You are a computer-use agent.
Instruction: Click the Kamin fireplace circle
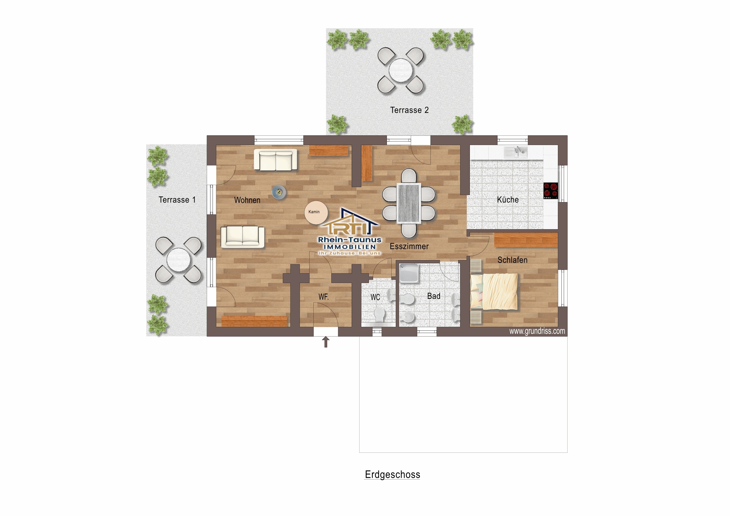[x=316, y=212]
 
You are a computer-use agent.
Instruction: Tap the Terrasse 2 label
[x=409, y=110]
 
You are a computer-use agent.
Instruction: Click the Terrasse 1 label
[x=177, y=200]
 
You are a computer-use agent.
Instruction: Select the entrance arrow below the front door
[x=326, y=342]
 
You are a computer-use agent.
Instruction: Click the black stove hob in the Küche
[x=550, y=191]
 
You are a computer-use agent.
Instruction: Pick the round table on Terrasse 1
[x=178, y=259]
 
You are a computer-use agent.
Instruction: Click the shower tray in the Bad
[x=409, y=273]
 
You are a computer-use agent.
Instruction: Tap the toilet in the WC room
[x=379, y=314]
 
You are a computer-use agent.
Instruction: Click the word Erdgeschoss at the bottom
[x=392, y=474]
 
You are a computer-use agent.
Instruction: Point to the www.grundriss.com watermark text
[x=537, y=331]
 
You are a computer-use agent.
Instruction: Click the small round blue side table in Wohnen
[x=279, y=192]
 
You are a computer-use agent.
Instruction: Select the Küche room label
[x=508, y=200]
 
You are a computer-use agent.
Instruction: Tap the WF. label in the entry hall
[x=323, y=297]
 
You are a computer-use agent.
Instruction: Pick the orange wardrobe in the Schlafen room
[x=526, y=240]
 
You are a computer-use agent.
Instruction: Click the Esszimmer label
[x=409, y=246]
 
